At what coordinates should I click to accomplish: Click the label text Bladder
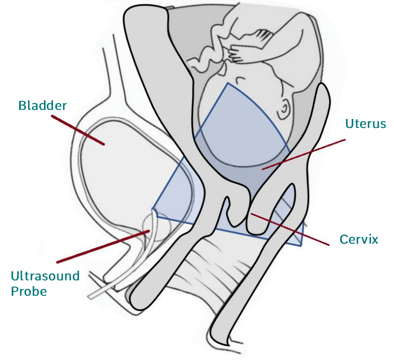(x=42, y=105)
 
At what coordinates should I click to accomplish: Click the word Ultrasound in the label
(x=45, y=276)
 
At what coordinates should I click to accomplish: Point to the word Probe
(x=29, y=292)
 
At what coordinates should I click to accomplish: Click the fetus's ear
(x=285, y=108)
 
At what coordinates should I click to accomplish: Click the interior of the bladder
(x=122, y=170)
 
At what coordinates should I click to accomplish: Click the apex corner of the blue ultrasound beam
(x=152, y=209)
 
